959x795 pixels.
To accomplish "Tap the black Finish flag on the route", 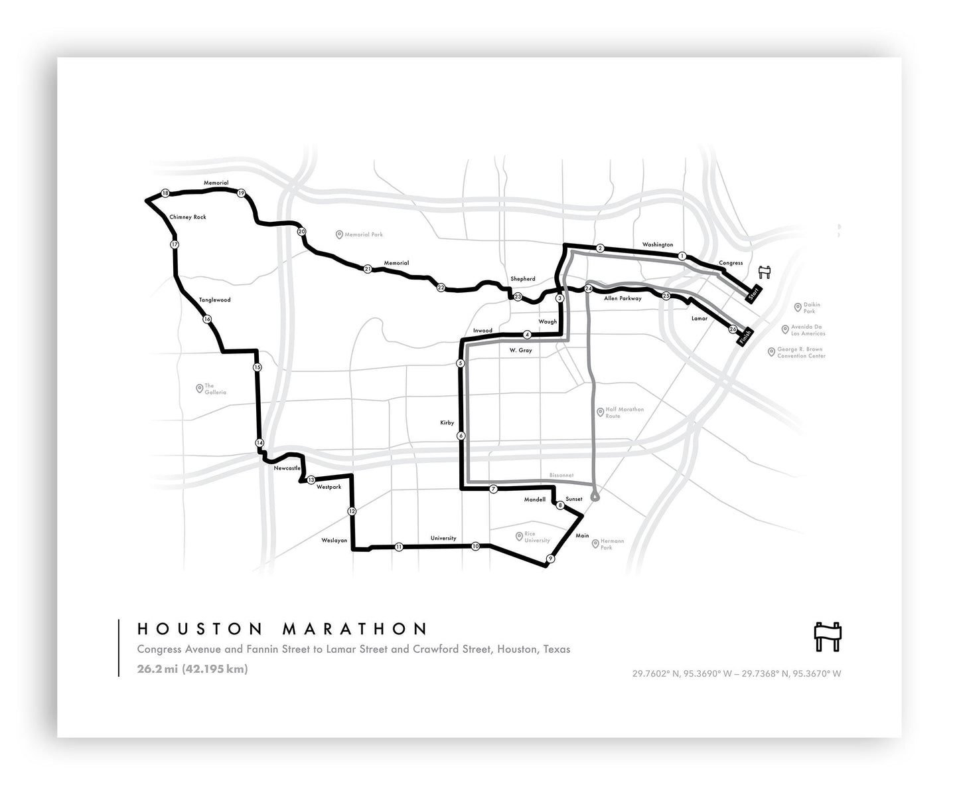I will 743,337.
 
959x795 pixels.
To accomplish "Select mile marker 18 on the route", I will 165,193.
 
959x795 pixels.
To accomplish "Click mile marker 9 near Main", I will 550,559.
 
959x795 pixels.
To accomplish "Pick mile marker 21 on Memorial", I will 368,269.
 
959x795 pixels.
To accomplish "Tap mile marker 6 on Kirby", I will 461,436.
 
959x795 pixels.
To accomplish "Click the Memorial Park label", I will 364,234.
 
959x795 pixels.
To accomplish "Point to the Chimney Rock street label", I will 188,217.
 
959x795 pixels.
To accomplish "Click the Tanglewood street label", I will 215,300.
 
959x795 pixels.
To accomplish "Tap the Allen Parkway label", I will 623,299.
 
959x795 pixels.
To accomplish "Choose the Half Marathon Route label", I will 625,412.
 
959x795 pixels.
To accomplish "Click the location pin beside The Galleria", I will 199,389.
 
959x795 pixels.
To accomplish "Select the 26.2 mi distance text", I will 157,669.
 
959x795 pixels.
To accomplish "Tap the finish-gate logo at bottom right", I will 827,636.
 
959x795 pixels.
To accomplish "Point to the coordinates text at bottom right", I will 736,673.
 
